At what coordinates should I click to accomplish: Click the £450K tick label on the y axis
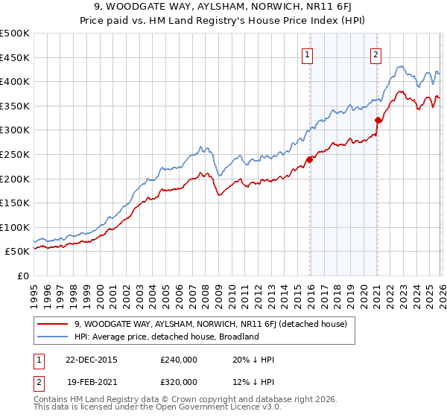tap(15, 57)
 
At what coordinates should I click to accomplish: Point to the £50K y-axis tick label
tap(17, 252)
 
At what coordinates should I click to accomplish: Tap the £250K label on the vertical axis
tap(15, 154)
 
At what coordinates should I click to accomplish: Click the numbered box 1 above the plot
tap(308, 54)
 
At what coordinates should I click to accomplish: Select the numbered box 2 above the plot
tap(376, 54)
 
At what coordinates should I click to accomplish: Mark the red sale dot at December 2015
tap(309, 159)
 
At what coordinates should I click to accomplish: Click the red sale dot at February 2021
tap(378, 120)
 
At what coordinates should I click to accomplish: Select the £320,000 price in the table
tap(178, 381)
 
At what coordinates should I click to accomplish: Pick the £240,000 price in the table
tap(178, 359)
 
